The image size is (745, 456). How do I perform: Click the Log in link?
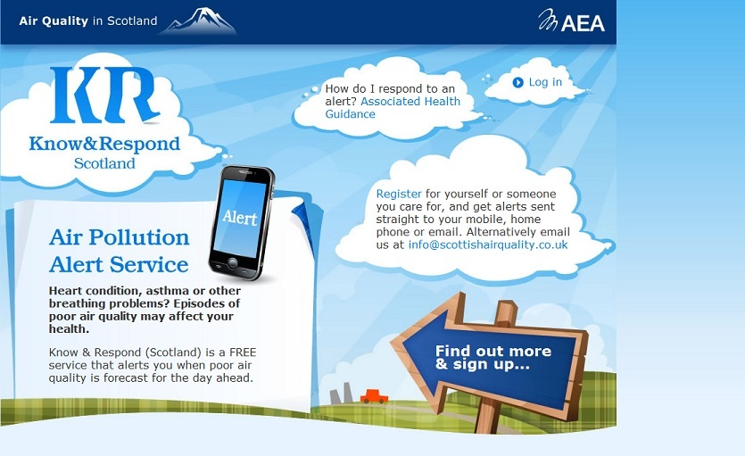coord(545,83)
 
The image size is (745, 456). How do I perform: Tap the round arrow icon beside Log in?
coord(517,83)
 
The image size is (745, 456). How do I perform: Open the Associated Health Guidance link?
coord(393,108)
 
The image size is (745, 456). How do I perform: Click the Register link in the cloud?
coord(399,194)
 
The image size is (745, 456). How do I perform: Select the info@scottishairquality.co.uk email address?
coord(488,245)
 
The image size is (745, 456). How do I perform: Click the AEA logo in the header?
coord(571,21)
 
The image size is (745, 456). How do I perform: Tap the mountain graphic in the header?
coord(199,21)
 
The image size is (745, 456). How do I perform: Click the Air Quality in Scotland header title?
coord(88,21)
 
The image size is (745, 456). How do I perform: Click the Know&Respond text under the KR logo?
coord(104,144)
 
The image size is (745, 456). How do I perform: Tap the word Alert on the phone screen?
coord(240,217)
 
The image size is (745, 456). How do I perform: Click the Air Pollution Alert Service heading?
coord(119,251)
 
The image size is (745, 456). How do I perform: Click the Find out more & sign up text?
coord(493,357)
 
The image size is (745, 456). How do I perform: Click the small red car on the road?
coord(375,396)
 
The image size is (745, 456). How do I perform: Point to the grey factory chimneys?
coord(341,394)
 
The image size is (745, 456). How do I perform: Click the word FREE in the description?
coord(243,352)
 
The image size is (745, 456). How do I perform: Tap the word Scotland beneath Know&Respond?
coord(104,163)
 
